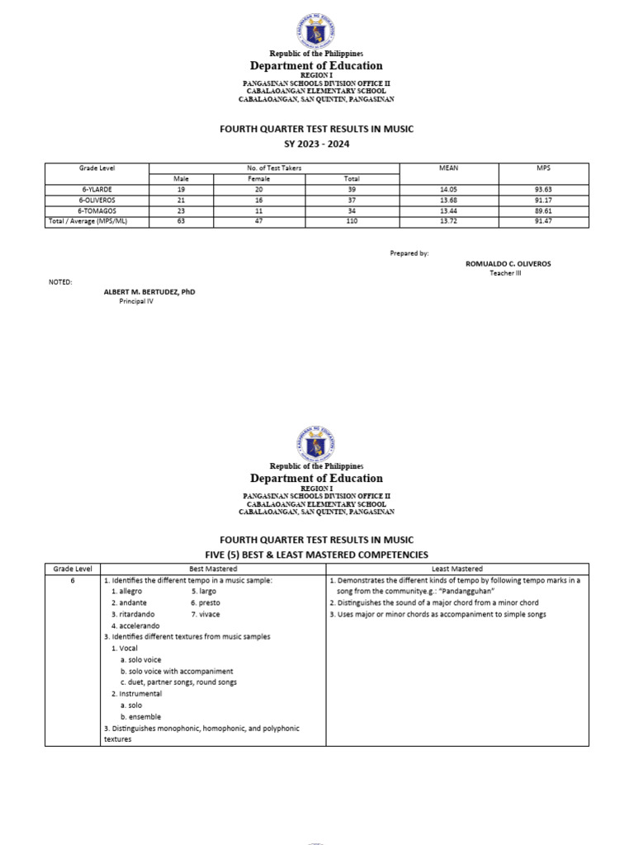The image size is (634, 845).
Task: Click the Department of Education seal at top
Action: (x=317, y=31)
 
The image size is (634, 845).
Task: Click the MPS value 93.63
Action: (x=542, y=189)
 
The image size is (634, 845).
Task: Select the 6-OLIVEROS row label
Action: (x=97, y=200)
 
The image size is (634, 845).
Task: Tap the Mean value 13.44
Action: (x=449, y=210)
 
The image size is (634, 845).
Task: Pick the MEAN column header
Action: (x=449, y=168)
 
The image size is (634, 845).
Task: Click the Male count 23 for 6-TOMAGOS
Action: (x=181, y=210)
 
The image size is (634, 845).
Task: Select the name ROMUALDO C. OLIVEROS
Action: (x=509, y=263)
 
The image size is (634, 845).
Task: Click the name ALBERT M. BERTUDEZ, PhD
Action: (x=149, y=292)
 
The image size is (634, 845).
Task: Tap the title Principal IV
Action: (x=136, y=302)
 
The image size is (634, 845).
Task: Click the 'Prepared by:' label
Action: (x=409, y=253)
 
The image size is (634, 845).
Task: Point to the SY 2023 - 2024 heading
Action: (x=317, y=144)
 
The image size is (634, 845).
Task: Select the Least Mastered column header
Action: (x=457, y=569)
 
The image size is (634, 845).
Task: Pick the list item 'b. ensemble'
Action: (x=140, y=717)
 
